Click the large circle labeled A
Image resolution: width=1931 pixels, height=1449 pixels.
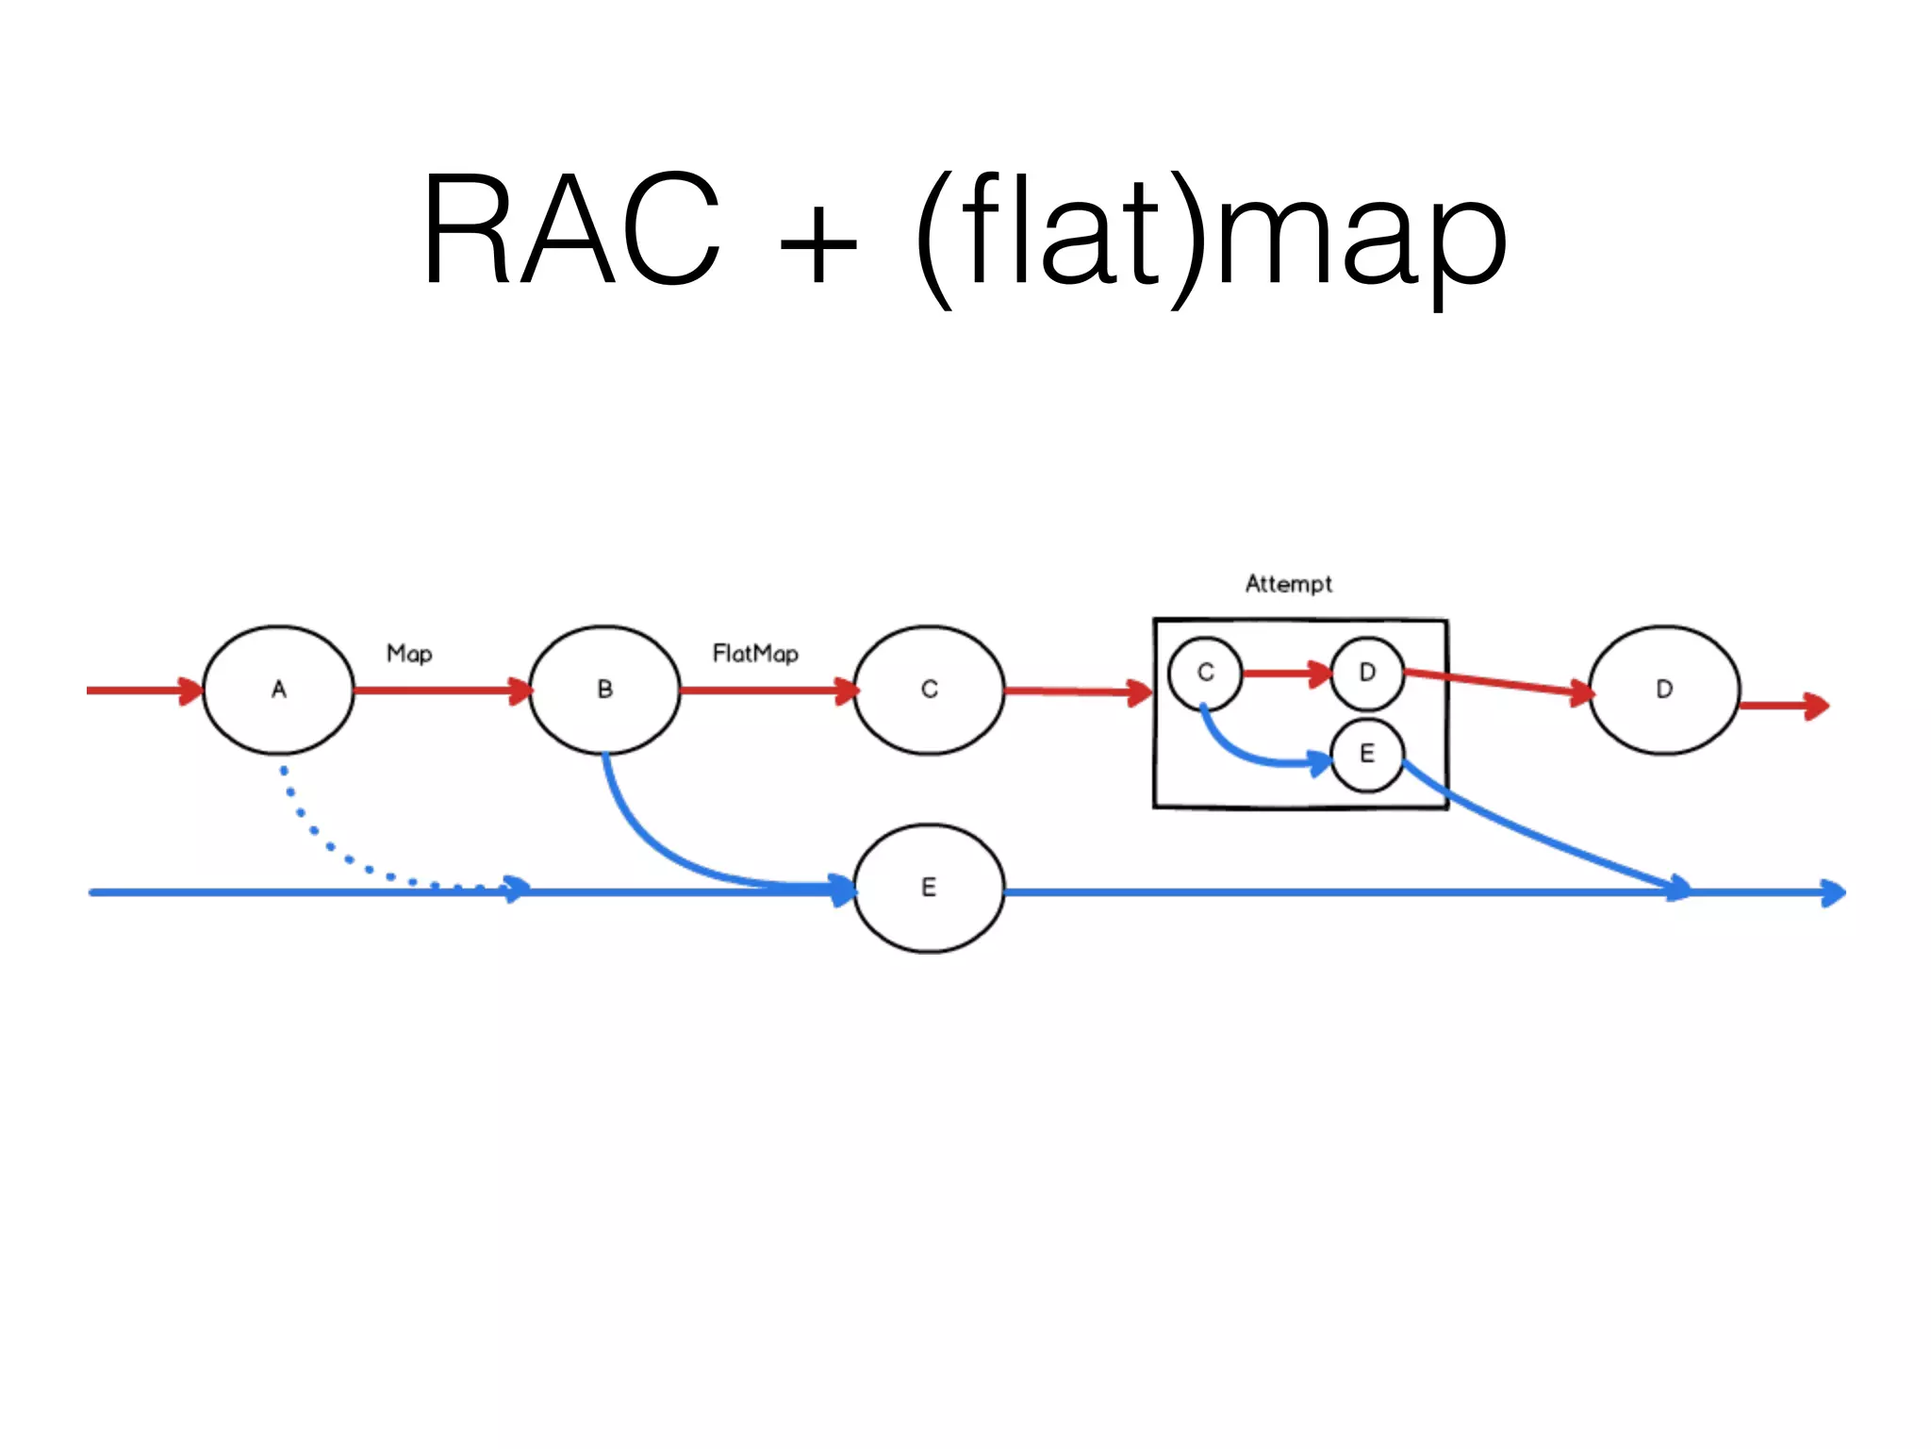point(278,690)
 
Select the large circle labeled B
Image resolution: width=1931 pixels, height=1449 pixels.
point(604,690)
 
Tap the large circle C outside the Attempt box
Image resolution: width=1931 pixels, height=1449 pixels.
point(929,690)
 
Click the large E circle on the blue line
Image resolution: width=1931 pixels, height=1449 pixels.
point(929,888)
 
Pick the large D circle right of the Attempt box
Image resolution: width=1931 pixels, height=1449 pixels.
point(1664,690)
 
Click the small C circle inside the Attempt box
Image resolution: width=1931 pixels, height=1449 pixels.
point(1205,674)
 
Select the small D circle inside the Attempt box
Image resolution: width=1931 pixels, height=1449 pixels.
point(1367,674)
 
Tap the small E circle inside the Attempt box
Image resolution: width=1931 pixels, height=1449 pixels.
point(1367,754)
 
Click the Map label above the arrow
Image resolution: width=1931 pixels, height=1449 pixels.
point(409,654)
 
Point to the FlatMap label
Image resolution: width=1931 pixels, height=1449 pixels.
point(755,654)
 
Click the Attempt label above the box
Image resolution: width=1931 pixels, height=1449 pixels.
point(1288,584)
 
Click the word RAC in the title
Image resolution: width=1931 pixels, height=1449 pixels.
point(570,229)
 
